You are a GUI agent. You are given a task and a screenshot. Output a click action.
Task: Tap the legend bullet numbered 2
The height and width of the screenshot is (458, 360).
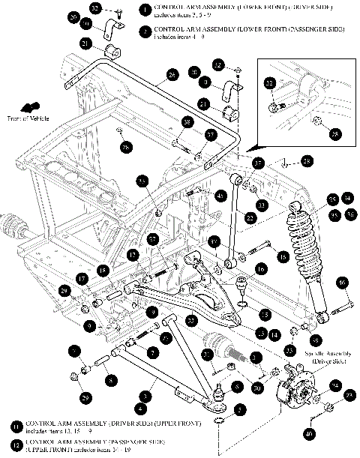coord(144,31)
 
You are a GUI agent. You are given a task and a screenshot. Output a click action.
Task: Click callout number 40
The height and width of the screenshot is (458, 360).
coord(330,433)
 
